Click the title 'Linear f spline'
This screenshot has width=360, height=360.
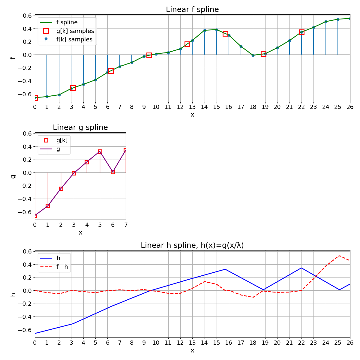(192, 10)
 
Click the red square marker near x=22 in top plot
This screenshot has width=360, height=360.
(301, 32)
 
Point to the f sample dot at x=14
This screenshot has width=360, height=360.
(205, 30)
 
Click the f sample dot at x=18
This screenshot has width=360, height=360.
(253, 55)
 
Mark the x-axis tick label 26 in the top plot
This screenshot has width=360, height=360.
(350, 107)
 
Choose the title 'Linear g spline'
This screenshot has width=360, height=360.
(80, 127)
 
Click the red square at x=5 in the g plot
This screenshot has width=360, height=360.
(100, 152)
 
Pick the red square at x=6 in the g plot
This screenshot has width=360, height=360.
(113, 172)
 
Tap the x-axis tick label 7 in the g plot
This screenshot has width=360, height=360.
(126, 225)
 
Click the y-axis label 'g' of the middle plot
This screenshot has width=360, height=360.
(13, 176)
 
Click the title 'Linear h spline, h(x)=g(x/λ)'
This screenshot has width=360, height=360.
(192, 245)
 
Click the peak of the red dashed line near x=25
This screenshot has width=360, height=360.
(339, 256)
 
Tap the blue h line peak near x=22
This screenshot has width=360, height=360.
(301, 268)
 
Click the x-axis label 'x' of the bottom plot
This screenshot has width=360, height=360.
(192, 350)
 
